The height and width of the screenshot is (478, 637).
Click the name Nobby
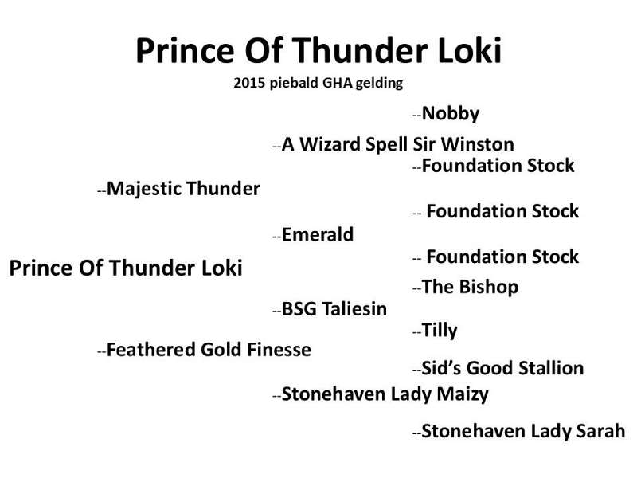coord(451,113)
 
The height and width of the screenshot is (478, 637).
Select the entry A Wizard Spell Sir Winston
coord(397,144)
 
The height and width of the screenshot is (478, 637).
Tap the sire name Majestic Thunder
coord(183,189)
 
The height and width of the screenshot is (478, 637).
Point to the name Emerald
coord(317,234)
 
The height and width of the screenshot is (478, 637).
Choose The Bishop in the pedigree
coord(470,287)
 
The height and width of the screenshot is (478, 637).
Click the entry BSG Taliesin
coord(334,309)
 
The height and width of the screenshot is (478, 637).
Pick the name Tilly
coord(440,330)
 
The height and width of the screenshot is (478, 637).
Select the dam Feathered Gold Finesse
coord(209,350)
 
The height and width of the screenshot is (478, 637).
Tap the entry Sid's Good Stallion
coord(503,368)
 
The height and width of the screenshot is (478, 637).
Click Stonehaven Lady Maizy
coord(385,394)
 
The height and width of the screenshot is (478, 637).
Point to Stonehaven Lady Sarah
coord(523,431)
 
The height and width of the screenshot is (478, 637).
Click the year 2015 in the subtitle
coord(249,83)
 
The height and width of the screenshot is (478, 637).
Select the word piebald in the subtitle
coord(294,84)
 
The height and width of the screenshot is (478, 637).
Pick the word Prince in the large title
coord(186,50)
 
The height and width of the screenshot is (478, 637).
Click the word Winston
coord(477,144)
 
